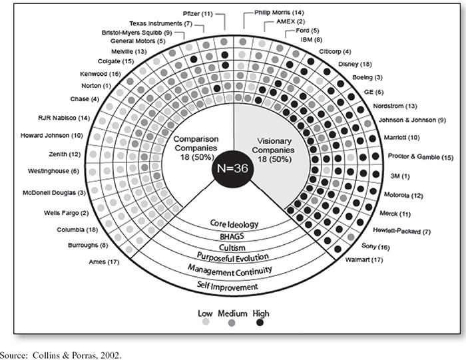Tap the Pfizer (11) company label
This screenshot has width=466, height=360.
(197, 13)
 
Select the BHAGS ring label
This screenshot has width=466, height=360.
(232, 236)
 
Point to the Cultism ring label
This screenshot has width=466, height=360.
(232, 248)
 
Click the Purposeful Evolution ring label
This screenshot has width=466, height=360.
(232, 258)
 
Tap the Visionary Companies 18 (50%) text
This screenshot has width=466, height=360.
(274, 150)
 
